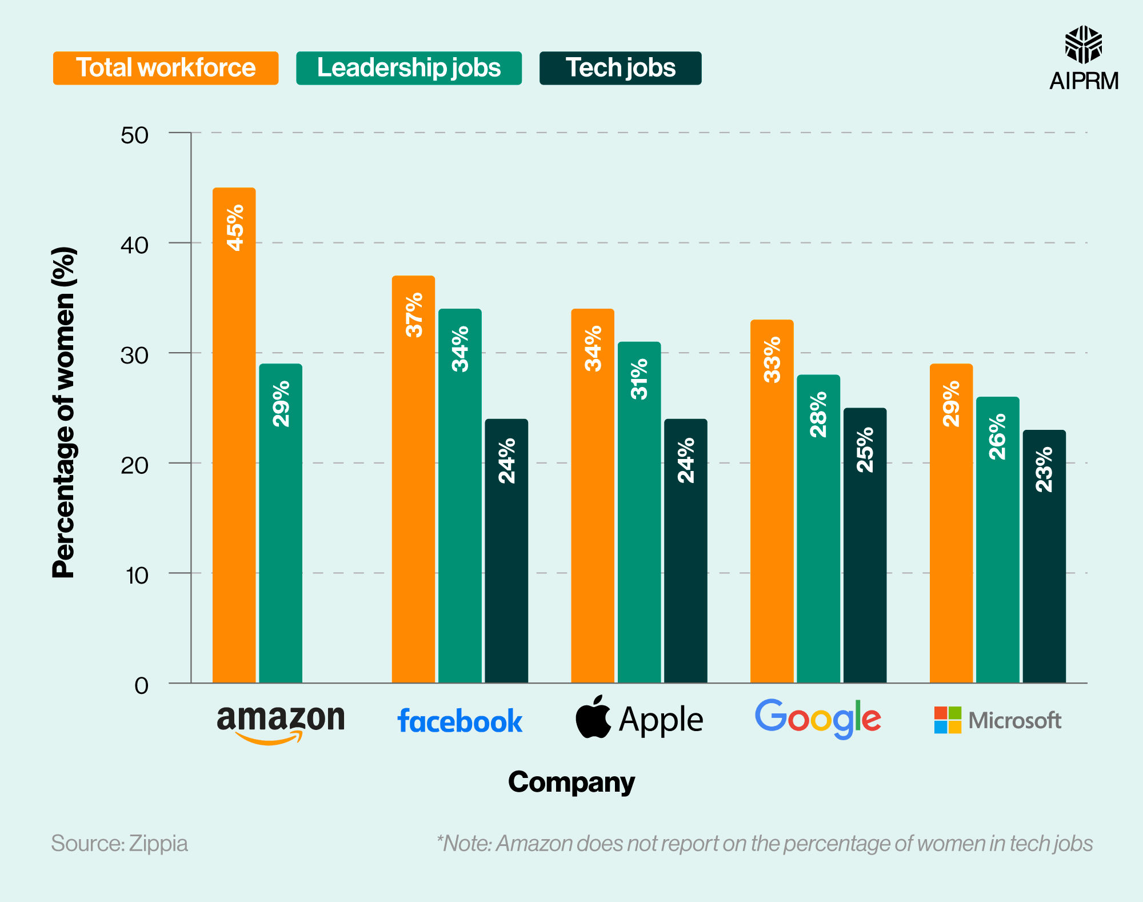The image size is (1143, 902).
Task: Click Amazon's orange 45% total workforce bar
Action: [x=234, y=434]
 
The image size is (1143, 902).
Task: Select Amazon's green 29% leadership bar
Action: [x=281, y=523]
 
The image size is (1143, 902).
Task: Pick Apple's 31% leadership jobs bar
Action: [x=639, y=512]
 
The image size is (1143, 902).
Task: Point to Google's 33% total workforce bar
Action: [x=772, y=501]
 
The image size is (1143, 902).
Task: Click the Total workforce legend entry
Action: [x=166, y=68]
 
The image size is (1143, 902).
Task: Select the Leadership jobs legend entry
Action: [x=409, y=68]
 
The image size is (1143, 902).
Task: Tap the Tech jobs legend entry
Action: [x=620, y=68]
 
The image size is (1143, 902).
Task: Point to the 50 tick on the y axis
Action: [x=135, y=135]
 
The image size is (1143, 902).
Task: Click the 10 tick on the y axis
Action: [x=137, y=576]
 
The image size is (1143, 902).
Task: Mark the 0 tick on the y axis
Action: [x=141, y=685]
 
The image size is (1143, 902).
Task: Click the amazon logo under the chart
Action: [x=281, y=722]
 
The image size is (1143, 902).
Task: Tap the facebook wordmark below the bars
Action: [x=459, y=721]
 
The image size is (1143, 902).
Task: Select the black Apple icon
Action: [x=593, y=717]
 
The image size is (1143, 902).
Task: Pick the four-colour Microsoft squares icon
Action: [x=948, y=720]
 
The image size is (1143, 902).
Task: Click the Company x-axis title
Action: [x=571, y=783]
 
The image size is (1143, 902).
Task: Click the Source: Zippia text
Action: [x=119, y=844]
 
